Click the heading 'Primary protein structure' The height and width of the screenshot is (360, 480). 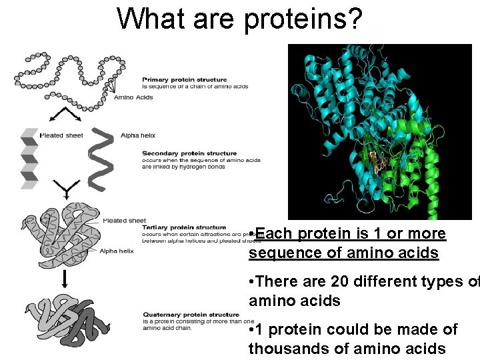185,80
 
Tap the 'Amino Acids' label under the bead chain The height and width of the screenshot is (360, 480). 133,97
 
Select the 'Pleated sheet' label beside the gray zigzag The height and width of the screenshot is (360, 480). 61,135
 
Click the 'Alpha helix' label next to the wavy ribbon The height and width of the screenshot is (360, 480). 138,135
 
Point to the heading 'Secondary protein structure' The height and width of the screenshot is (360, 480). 189,153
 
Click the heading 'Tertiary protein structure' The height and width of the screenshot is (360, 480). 184,227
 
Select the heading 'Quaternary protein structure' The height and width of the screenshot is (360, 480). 191,315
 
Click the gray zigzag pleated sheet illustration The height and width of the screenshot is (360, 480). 29,157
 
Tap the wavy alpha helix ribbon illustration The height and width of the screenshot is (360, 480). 101,159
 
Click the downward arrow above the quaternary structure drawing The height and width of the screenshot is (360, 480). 65,279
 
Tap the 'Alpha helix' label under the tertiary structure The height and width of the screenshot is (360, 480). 117,251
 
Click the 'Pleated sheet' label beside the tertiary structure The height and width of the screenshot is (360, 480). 124,221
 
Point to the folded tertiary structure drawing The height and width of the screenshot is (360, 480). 60,237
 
